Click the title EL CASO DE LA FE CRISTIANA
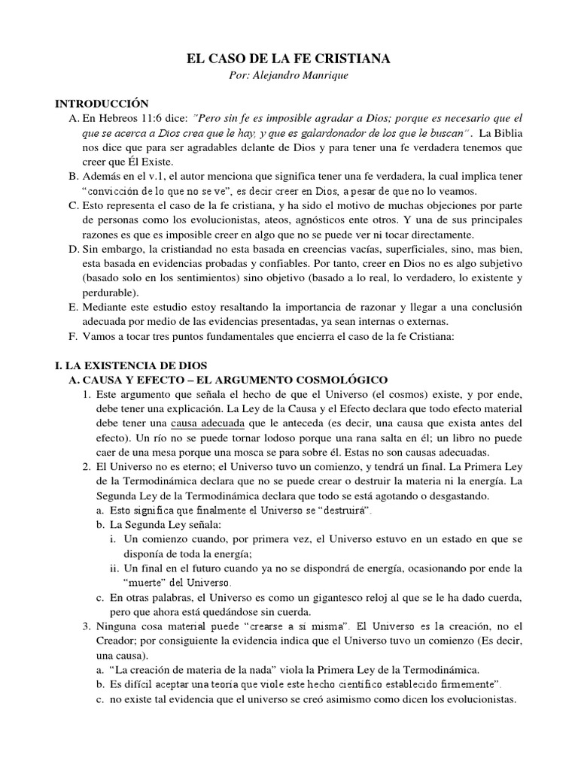tap(288, 59)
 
